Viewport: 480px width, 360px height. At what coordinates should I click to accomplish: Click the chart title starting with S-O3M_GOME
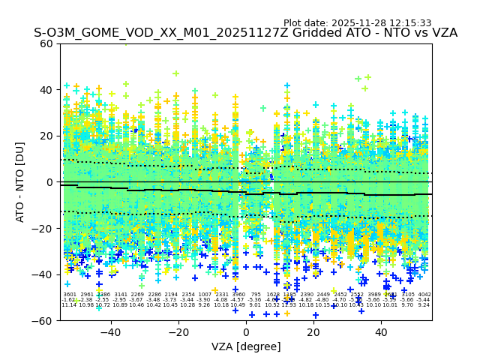245,33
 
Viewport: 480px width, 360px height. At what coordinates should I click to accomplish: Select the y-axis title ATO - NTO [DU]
21,182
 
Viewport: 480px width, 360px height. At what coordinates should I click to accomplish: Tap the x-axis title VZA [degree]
245,346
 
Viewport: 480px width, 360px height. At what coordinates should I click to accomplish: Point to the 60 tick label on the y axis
46,43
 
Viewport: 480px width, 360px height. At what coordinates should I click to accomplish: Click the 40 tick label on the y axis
46,90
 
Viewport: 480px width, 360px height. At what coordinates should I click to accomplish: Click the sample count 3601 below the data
70,295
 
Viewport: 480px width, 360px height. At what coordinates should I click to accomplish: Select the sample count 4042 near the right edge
424,295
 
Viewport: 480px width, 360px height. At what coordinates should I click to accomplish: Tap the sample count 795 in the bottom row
256,295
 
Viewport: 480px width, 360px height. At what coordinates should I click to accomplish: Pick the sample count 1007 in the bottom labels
205,295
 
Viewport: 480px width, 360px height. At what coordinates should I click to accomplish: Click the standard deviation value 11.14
69,305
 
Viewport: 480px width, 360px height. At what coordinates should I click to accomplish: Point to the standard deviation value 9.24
424,305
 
